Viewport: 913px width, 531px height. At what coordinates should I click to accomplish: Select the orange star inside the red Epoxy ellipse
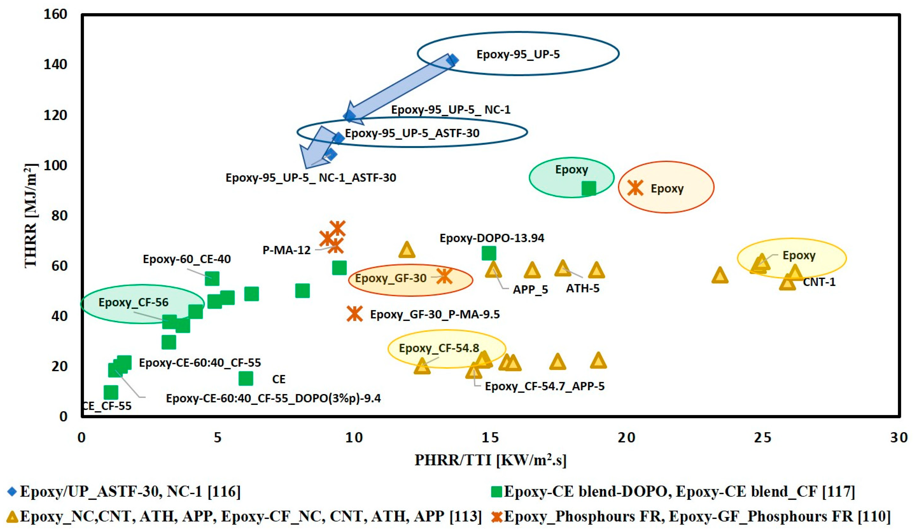635,188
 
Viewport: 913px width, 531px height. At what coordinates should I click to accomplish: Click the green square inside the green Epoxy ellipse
589,189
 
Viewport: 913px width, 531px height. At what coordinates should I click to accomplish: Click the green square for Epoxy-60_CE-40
212,279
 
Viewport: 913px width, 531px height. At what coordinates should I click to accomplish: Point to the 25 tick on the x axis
762,438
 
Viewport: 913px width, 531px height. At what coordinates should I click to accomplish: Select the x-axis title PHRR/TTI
490,460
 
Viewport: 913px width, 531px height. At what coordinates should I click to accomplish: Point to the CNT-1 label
819,282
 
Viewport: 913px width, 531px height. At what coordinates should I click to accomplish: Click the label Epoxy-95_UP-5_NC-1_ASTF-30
311,178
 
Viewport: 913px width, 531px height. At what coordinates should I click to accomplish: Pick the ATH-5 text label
583,288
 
